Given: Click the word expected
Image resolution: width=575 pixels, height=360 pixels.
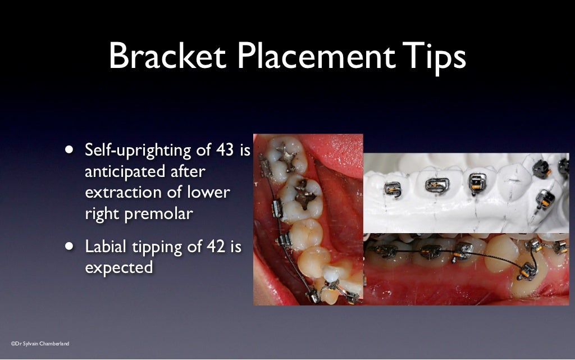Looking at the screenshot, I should (118, 267).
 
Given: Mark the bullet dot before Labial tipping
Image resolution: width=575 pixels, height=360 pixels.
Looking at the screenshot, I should (69, 246).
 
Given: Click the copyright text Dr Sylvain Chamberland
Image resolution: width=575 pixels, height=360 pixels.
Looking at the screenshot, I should (40, 343).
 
